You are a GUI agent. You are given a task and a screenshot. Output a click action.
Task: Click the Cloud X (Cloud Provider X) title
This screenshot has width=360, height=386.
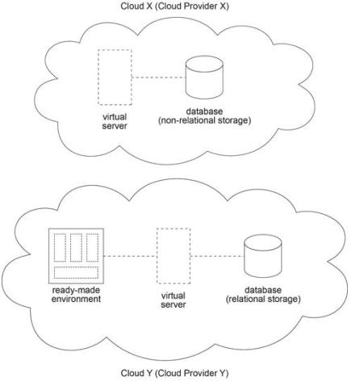click(x=174, y=6)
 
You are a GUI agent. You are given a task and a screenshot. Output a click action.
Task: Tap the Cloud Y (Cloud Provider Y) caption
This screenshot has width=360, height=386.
click(x=174, y=373)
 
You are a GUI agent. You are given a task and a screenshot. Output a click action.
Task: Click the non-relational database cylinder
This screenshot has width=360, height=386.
click(x=204, y=78)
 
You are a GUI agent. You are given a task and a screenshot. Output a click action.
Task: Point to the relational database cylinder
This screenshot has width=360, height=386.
click(x=263, y=256)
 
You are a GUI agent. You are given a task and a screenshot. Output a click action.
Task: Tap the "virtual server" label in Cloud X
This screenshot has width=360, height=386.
click(x=115, y=121)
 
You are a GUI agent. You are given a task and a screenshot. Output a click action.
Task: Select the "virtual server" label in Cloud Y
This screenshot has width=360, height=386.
click(x=174, y=300)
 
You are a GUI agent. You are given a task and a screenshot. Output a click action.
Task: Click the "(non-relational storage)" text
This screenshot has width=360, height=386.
click(x=204, y=120)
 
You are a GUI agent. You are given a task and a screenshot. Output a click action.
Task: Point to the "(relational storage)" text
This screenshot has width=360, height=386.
click(x=263, y=299)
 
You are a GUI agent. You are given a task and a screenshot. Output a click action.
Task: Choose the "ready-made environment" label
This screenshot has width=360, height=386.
click(x=76, y=295)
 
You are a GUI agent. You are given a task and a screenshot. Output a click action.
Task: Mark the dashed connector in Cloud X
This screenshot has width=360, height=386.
click(x=159, y=78)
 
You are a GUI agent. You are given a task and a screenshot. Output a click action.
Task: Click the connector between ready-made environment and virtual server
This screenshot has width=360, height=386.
click(x=130, y=256)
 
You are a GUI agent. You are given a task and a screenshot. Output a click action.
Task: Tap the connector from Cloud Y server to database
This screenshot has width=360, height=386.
click(x=217, y=256)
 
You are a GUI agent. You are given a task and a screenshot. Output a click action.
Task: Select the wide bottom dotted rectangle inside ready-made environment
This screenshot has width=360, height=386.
click(x=76, y=272)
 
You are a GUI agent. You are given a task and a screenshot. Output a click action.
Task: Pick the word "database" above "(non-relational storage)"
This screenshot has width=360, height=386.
click(x=204, y=111)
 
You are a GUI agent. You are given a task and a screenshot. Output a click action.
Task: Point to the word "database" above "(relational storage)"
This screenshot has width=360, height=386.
click(x=263, y=290)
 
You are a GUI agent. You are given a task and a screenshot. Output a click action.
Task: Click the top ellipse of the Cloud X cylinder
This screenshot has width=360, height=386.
click(x=204, y=64)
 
